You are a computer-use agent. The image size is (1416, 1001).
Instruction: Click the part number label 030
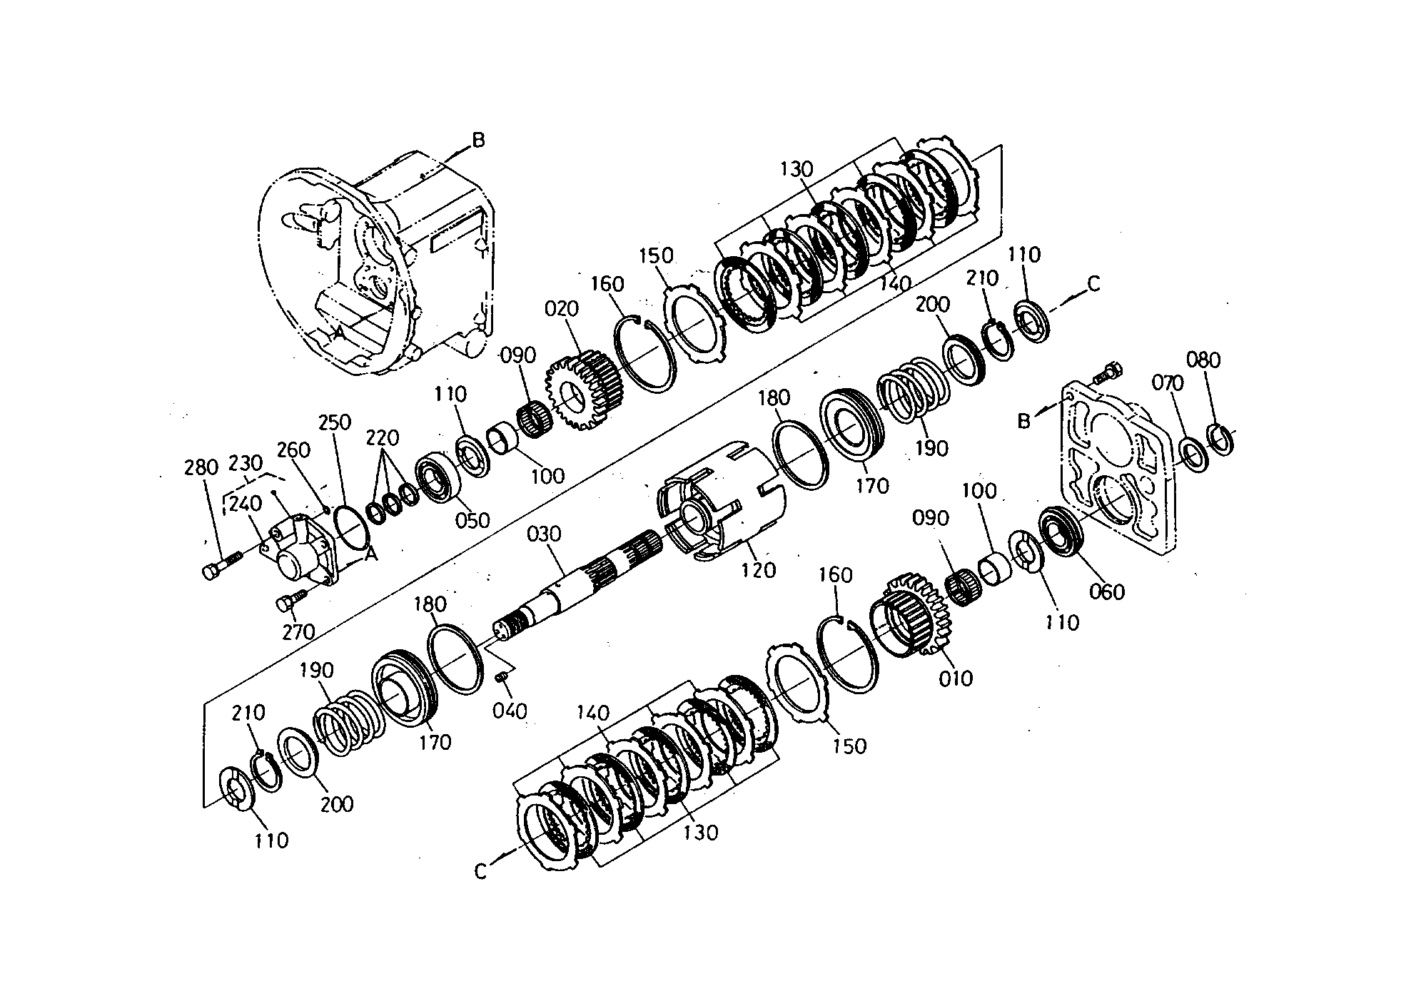pyautogui.click(x=545, y=534)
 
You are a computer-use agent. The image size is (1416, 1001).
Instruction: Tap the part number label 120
pyautogui.click(x=758, y=569)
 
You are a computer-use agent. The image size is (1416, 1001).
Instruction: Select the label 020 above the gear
pyautogui.click(x=562, y=309)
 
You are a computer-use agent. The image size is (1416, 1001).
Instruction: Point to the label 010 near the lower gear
pyautogui.click(x=956, y=677)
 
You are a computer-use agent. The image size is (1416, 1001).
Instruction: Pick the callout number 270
pyautogui.click(x=298, y=631)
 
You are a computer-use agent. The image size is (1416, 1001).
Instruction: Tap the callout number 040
pyautogui.click(x=510, y=711)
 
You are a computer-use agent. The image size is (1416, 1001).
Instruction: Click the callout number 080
pyautogui.click(x=1203, y=360)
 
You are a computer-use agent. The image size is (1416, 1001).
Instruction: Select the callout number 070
pyautogui.click(x=1168, y=383)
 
